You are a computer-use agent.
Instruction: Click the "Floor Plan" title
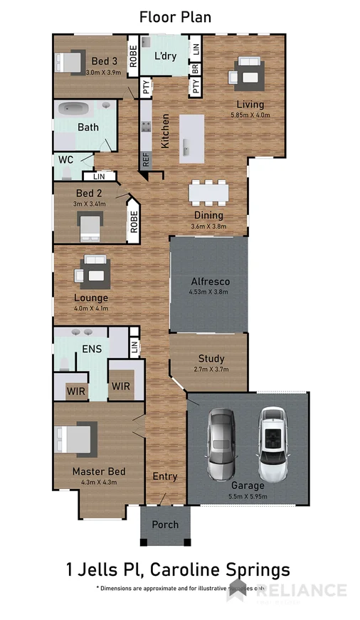(x=175, y=16)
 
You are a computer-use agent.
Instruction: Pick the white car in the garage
(x=271, y=444)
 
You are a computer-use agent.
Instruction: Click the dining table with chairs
(x=209, y=193)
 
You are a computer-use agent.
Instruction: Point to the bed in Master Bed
(x=75, y=441)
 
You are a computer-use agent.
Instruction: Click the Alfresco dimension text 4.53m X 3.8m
(x=208, y=292)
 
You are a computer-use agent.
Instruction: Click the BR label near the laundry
(x=195, y=70)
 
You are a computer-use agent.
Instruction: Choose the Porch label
(x=164, y=525)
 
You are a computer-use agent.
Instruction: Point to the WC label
(x=66, y=159)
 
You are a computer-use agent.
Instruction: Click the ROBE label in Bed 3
(x=132, y=56)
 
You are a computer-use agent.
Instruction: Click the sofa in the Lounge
(x=93, y=271)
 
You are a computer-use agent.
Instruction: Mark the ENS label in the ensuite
(x=91, y=349)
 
